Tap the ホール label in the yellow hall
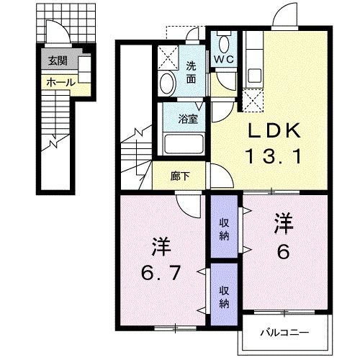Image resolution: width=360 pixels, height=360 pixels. pos(60,83)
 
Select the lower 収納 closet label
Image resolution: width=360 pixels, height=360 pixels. pos(225,297)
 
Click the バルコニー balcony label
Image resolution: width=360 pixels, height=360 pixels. pos(284,333)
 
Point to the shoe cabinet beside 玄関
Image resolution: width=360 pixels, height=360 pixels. pos(83,71)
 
